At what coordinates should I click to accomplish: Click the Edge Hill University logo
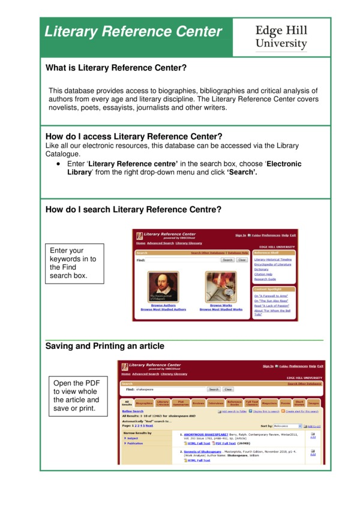[281, 37]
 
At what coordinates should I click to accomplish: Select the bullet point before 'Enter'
[58, 164]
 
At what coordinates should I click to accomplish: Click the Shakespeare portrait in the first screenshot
[163, 287]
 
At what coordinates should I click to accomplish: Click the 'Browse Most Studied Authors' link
[163, 310]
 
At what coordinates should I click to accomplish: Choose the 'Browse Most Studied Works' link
[221, 310]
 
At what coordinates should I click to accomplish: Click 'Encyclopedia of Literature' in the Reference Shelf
[272, 264]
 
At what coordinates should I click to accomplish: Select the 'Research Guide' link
[265, 279]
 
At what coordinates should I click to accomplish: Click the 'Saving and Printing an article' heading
[104, 347]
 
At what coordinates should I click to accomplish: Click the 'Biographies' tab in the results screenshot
[144, 404]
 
